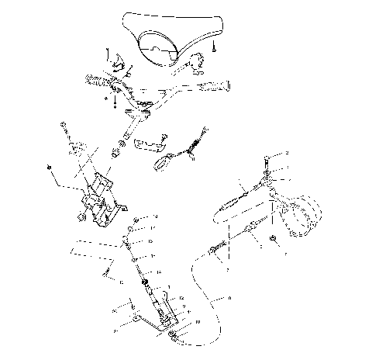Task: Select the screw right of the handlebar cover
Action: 215,47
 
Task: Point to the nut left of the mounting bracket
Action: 49,168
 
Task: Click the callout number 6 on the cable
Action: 230,297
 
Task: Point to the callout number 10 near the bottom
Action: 198,321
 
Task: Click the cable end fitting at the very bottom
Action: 175,336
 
